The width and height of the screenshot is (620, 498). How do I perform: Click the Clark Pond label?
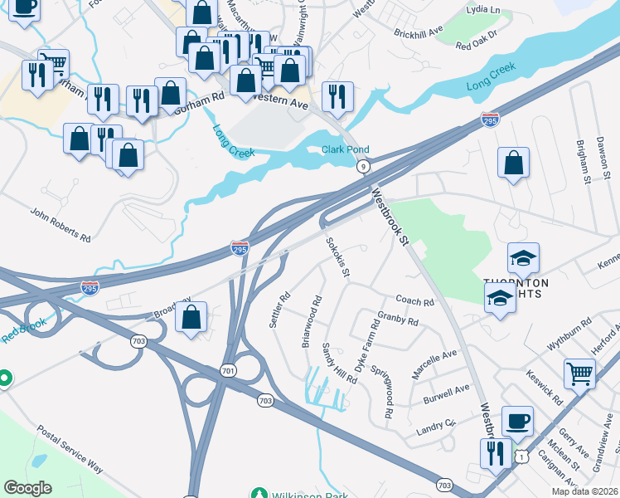345,150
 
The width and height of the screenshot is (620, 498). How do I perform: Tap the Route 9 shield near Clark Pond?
363,167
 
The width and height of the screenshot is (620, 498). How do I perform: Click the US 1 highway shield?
521,456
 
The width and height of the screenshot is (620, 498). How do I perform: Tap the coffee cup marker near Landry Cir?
517,420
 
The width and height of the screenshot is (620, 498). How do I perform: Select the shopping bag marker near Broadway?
191,318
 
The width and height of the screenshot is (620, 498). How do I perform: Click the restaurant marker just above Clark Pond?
337,96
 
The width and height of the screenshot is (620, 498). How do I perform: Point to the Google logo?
27,488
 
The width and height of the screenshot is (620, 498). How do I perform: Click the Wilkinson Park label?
299,493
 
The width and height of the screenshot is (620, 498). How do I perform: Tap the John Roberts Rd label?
61,224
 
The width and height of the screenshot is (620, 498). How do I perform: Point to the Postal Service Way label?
70,450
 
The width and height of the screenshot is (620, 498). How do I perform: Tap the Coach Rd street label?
415,302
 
